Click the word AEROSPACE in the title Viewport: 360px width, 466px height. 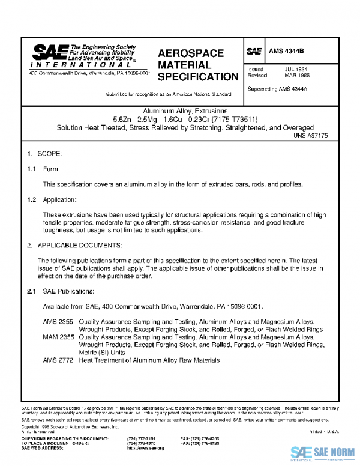190,53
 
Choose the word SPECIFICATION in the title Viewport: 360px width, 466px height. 198,77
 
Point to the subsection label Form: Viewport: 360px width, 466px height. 52,169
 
